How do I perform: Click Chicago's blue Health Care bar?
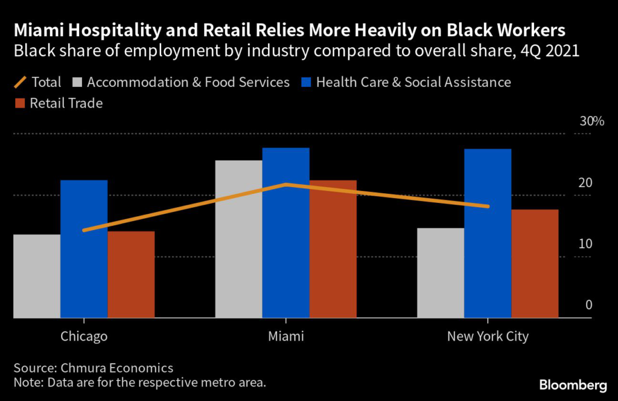point(84,249)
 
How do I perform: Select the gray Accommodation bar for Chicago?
point(37,276)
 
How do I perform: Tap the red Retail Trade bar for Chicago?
point(131,274)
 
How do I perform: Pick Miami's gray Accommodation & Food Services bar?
point(239,239)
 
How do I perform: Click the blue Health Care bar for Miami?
point(286,233)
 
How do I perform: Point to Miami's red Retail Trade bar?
point(333,249)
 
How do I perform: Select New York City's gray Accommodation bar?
point(441,273)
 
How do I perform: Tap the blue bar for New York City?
point(488,233)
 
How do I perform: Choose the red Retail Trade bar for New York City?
point(535,263)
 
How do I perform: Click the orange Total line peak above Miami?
point(286,184)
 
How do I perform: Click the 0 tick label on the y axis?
point(588,305)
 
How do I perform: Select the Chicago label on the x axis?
point(84,336)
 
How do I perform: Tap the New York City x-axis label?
point(488,336)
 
